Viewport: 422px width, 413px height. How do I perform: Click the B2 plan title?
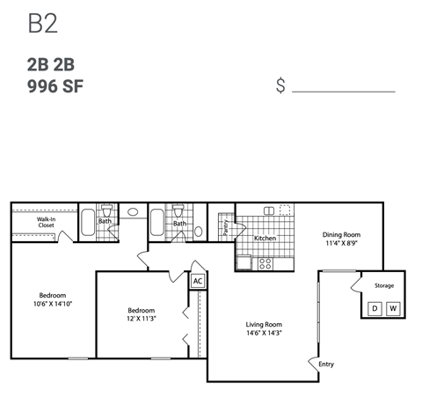43,23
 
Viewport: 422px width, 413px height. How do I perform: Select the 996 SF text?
56,86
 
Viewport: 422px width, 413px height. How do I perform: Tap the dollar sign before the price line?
280,86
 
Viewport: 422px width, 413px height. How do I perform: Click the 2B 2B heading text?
56,65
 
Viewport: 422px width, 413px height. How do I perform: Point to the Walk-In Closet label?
46,223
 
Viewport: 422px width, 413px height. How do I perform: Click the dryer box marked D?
374,308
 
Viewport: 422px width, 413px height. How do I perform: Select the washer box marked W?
392,308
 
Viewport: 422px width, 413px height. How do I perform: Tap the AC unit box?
198,282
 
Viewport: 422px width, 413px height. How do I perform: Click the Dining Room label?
341,235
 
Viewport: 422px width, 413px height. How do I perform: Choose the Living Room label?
264,324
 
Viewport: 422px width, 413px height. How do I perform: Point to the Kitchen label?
266,239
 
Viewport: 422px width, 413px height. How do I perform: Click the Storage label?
384,286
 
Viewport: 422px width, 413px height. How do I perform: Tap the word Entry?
326,364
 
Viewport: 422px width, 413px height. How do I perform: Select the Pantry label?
226,227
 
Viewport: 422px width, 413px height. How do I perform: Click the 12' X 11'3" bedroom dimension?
141,320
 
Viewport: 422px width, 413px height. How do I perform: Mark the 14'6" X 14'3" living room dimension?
264,334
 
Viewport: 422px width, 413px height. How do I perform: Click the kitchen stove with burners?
263,262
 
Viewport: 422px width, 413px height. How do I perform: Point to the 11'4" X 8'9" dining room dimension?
341,244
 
